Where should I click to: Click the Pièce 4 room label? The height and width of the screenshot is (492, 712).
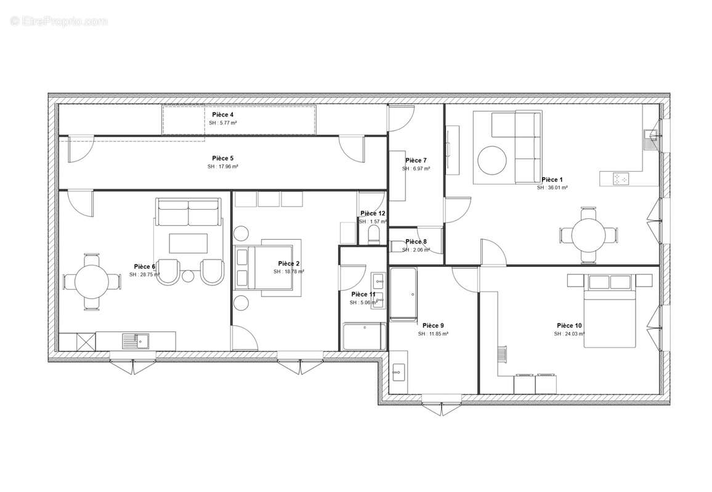tap(222, 115)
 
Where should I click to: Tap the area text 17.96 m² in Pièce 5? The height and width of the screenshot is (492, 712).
tap(222, 167)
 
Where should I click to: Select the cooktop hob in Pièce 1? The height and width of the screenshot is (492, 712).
tap(620, 179)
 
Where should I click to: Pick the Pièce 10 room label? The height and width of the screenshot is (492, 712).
tap(569, 325)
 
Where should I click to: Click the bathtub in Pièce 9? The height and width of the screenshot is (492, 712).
tap(402, 294)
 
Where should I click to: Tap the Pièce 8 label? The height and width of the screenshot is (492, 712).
tap(416, 242)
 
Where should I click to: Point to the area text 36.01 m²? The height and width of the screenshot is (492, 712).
tap(552, 188)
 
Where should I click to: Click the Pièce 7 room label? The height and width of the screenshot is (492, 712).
tap(416, 161)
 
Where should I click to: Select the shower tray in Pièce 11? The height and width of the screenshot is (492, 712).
tap(364, 336)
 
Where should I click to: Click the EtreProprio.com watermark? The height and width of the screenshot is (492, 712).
tap(59, 21)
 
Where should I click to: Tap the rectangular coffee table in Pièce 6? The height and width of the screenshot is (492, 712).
tap(188, 244)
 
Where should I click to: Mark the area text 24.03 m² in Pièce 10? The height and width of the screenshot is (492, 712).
tap(569, 333)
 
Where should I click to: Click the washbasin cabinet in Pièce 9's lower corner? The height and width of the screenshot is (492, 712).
tap(398, 371)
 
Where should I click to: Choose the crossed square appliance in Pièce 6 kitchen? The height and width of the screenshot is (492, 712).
tap(86, 340)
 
